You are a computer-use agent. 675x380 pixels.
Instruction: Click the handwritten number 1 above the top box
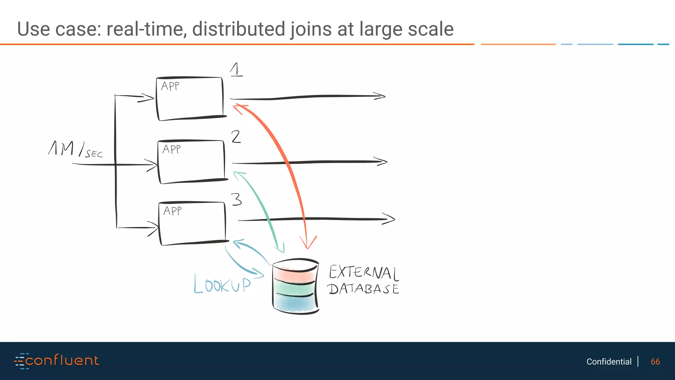pyautogui.click(x=236, y=70)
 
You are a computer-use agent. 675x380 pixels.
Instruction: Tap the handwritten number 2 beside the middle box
pyautogui.click(x=236, y=137)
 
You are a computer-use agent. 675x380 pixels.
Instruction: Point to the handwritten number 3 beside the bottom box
pyautogui.click(x=236, y=200)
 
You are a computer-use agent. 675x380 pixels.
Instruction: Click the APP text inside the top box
pyautogui.click(x=170, y=86)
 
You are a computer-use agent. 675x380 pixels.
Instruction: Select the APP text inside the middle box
pyautogui.click(x=171, y=149)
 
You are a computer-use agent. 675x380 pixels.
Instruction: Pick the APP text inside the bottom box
pyautogui.click(x=172, y=211)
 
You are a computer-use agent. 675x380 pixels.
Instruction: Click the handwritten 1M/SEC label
pyautogui.click(x=75, y=149)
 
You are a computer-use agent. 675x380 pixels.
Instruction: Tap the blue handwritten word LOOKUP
pyautogui.click(x=222, y=284)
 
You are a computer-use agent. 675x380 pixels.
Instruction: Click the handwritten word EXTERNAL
pyautogui.click(x=364, y=272)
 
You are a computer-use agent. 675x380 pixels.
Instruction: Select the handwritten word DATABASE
pyautogui.click(x=363, y=289)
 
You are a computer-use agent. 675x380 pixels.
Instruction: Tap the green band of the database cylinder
pyautogui.click(x=294, y=288)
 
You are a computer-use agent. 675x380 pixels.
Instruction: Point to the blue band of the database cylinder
pyautogui.click(x=294, y=303)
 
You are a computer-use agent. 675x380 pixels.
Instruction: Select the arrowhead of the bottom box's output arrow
pyautogui.click(x=389, y=219)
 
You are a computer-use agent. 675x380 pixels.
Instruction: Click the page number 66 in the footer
pyautogui.click(x=655, y=362)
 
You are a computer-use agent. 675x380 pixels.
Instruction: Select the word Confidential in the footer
pyautogui.click(x=609, y=362)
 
